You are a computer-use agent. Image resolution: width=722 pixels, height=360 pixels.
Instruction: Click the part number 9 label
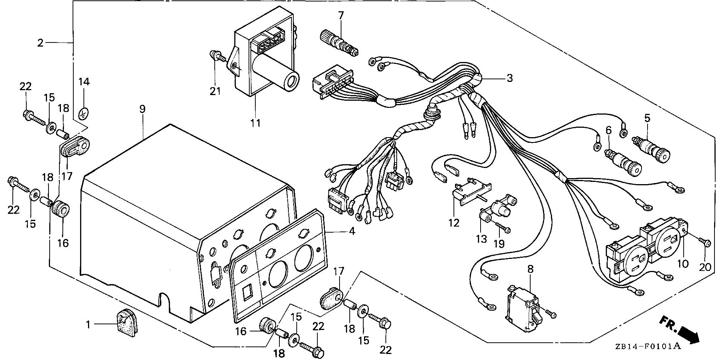pos(142,109)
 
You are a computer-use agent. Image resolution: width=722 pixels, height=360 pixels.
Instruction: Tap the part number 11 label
pos(256,123)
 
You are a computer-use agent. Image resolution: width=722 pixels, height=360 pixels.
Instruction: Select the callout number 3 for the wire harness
pos(510,78)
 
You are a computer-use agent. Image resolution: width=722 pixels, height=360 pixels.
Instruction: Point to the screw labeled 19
pos(502,227)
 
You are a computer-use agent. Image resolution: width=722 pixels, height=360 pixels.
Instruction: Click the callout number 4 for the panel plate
pos(352,231)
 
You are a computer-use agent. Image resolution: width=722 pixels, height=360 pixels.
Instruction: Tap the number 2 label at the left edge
pos(41,43)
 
